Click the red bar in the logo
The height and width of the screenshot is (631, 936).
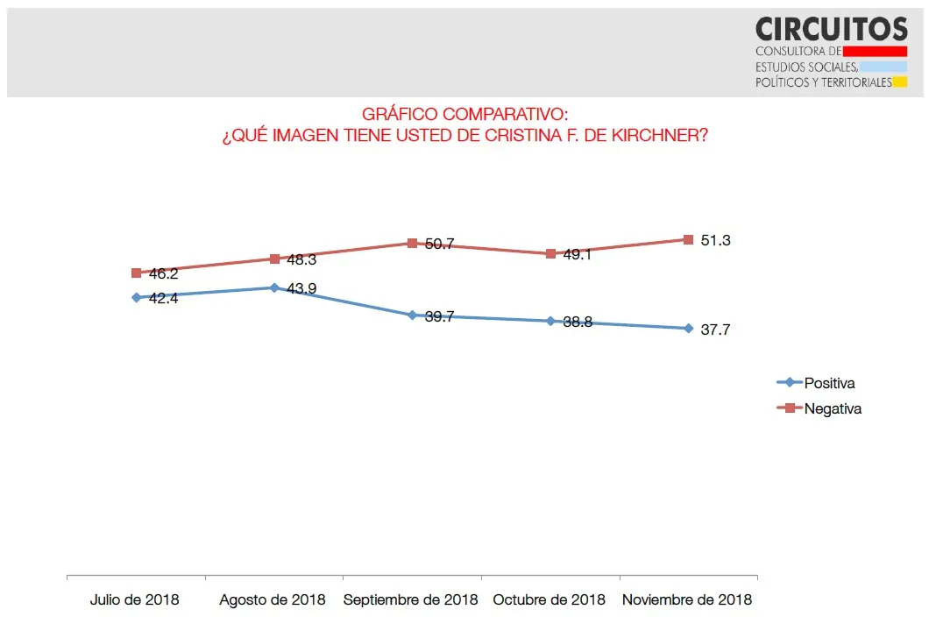tap(874, 52)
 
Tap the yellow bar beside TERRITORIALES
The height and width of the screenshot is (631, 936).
tap(900, 82)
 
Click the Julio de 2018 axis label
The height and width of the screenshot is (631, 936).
tap(135, 600)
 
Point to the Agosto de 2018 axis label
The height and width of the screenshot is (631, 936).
tap(273, 600)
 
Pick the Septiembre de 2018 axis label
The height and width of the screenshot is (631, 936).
tap(411, 600)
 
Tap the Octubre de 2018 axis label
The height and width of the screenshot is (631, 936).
tap(550, 600)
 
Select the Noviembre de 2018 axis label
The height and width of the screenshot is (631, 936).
tap(687, 600)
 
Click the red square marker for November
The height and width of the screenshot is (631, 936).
tap(688, 239)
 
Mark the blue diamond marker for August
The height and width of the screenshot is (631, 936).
tap(274, 287)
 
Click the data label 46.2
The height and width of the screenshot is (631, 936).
tap(164, 274)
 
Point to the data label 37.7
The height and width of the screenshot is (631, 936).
tap(715, 330)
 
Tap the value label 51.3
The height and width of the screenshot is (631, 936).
tap(715, 240)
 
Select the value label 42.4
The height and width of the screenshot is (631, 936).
tap(164, 298)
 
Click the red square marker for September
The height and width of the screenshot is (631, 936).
tap(412, 243)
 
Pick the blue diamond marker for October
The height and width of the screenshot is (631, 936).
tap(550, 321)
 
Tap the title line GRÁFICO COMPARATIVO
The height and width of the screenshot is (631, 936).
tap(464, 115)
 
